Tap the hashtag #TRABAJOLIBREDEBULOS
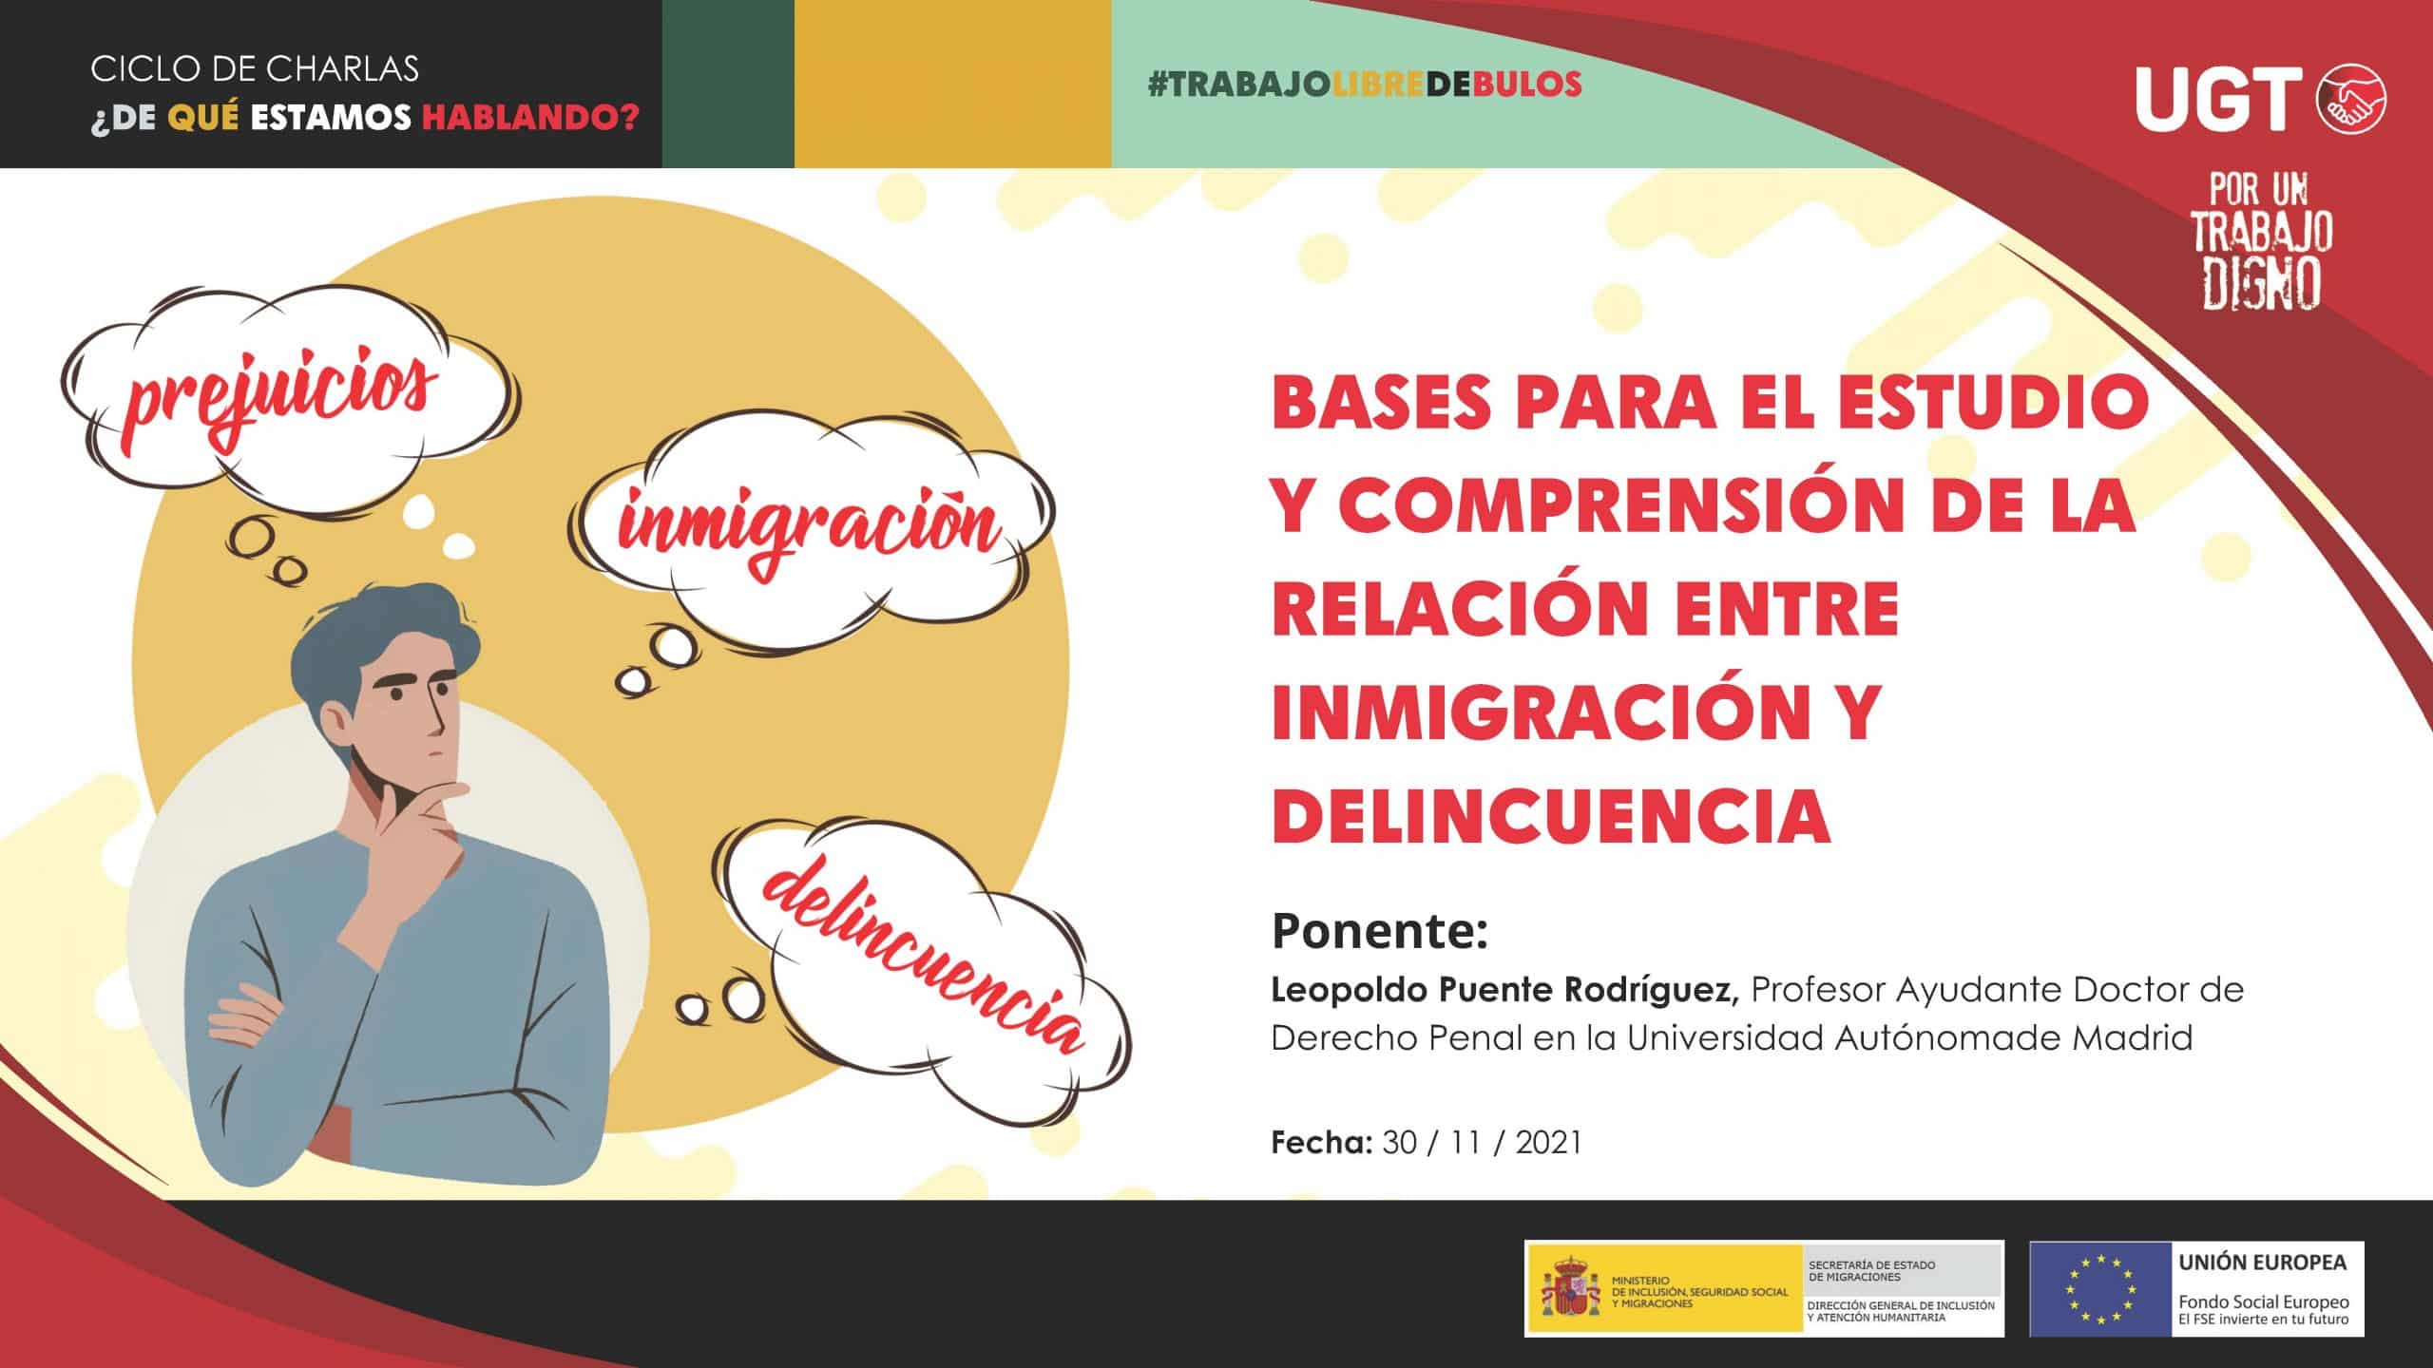(1365, 84)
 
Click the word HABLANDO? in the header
(530, 120)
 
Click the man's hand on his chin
(418, 817)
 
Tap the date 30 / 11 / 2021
(1482, 1142)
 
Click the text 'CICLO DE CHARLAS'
(255, 68)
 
